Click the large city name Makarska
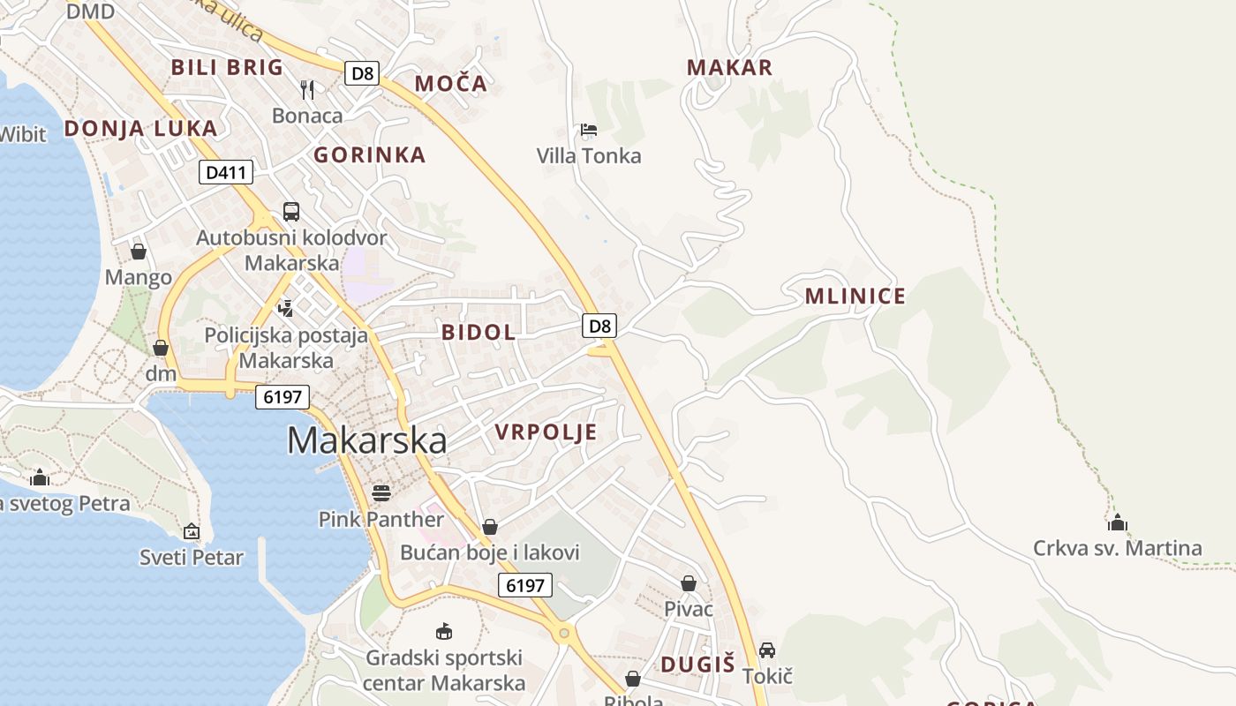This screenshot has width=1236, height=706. [x=366, y=440]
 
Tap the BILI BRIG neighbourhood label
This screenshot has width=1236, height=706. [x=227, y=67]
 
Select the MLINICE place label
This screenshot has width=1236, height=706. [x=855, y=297]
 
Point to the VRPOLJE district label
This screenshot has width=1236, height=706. [x=546, y=432]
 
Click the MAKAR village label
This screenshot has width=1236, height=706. [x=729, y=67]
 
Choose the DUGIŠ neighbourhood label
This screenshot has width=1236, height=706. [x=697, y=665]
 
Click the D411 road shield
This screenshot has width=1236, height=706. [x=224, y=172]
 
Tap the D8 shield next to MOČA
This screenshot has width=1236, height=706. [x=362, y=73]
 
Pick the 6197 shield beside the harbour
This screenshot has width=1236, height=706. [x=283, y=397]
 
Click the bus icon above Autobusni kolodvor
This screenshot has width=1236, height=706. [x=291, y=212]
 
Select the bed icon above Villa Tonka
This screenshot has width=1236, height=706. [x=589, y=131]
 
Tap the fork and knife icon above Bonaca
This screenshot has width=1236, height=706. [x=307, y=89]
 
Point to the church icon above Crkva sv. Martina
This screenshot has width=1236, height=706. [x=1118, y=522]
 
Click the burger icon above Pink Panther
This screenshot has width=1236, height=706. [x=381, y=492]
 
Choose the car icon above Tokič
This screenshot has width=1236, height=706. [x=767, y=650]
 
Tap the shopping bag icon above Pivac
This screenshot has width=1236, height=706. [x=689, y=583]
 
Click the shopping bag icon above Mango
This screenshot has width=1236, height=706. [x=139, y=252]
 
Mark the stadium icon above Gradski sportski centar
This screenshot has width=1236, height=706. [x=444, y=632]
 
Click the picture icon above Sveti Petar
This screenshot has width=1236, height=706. [x=192, y=531]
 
